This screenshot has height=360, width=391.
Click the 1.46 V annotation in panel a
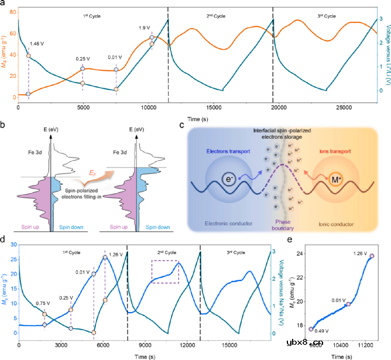click(x=37, y=43)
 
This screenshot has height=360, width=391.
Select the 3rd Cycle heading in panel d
click(x=236, y=252)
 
